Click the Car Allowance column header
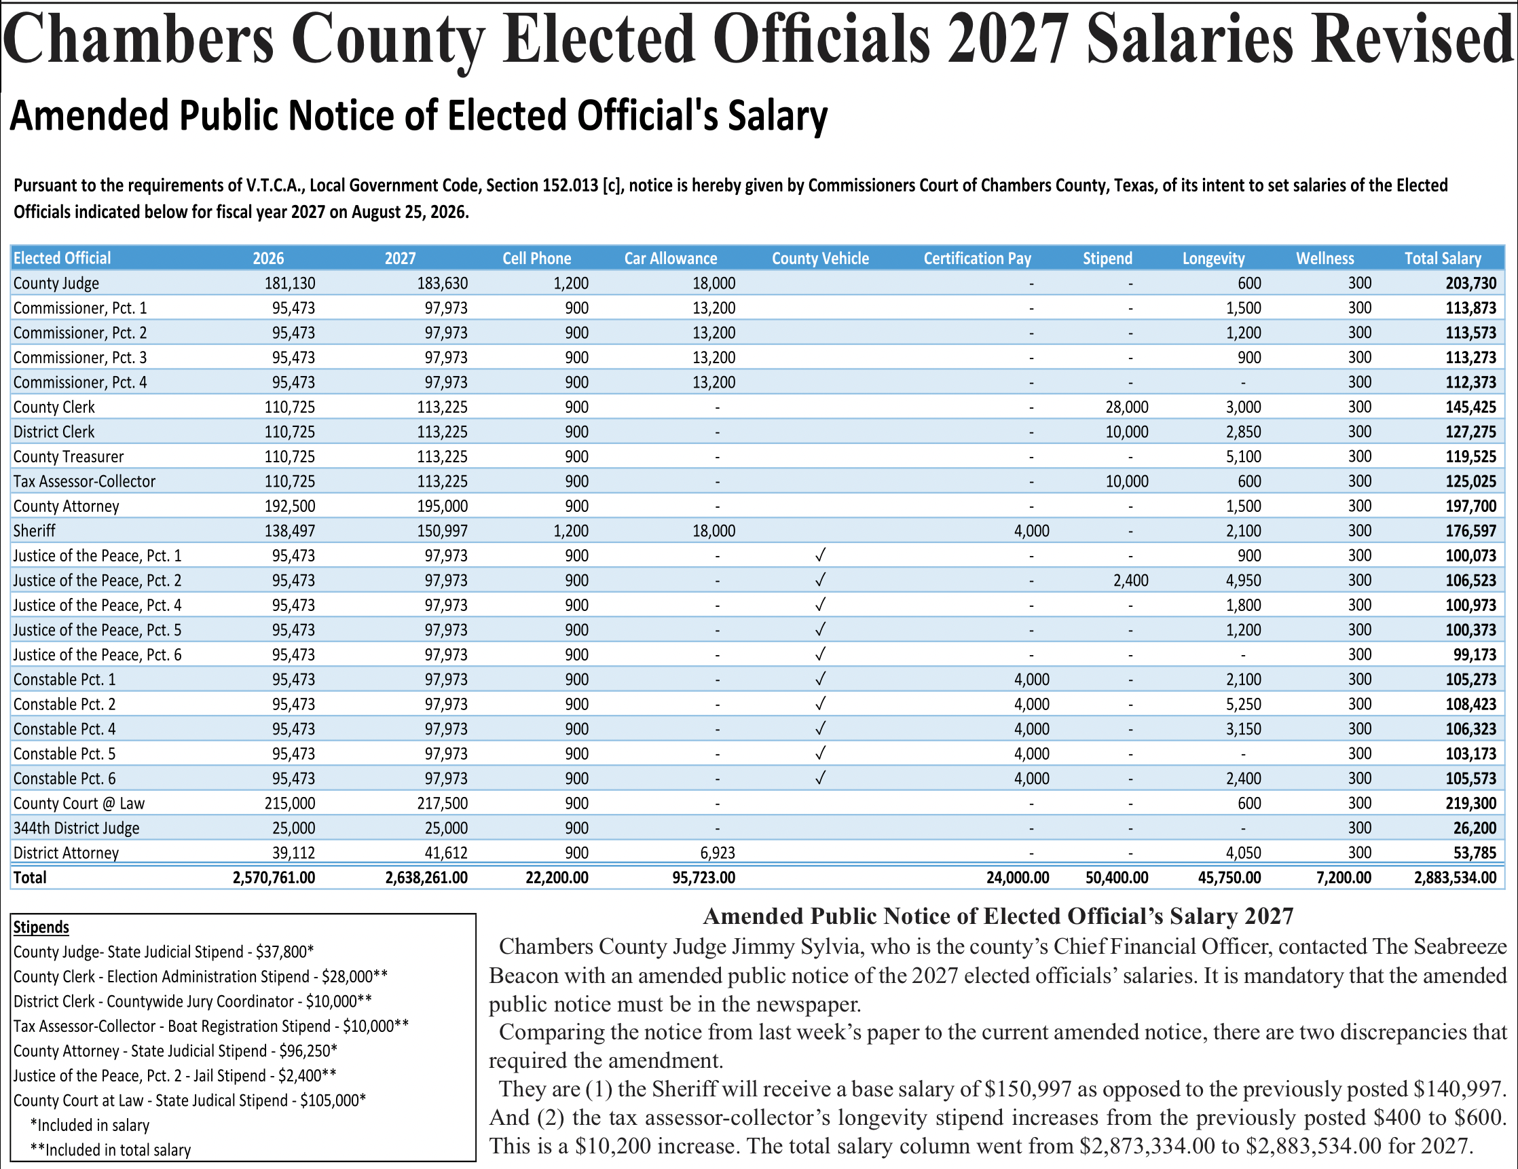tap(671, 259)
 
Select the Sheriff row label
tap(34, 531)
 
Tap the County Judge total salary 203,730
tap(1470, 284)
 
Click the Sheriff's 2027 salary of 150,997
tap(442, 531)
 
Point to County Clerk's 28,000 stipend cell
tap(1127, 407)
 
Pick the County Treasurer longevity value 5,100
tap(1243, 457)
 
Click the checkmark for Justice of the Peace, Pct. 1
tap(820, 555)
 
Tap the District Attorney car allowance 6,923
tap(713, 853)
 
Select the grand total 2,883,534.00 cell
tap(1456, 878)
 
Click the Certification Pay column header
tap(977, 259)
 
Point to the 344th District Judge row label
tap(77, 828)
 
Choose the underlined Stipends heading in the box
tap(41, 927)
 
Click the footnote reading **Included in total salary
tap(111, 1150)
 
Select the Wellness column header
tap(1325, 259)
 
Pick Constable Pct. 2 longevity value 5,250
tap(1243, 704)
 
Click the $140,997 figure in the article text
tap(1459, 1088)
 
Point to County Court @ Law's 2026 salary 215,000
tap(290, 803)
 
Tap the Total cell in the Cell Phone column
tap(557, 878)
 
